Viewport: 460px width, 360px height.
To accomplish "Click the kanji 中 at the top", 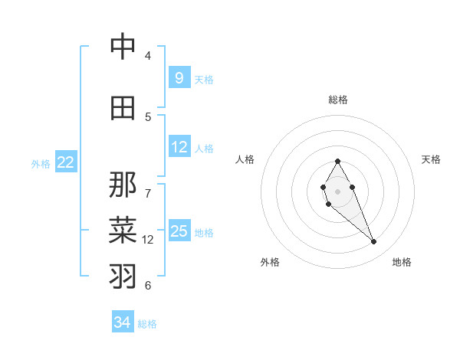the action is [x=123, y=47].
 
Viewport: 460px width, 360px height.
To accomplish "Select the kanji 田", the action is [x=123, y=108].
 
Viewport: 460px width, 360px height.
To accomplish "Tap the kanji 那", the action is [x=123, y=185].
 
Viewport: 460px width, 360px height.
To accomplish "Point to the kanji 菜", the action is [x=123, y=230].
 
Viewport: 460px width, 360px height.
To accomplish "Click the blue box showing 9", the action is [x=179, y=78].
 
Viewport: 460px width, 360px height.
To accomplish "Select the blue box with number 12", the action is [x=179, y=147].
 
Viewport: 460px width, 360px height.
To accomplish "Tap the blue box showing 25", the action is [x=179, y=231].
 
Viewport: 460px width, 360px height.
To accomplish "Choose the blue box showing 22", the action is [x=66, y=162].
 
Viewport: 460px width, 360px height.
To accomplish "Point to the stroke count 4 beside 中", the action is [x=148, y=56].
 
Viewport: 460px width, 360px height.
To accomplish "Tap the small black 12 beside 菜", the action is [x=148, y=239].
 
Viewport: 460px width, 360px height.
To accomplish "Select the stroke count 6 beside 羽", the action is [x=148, y=285].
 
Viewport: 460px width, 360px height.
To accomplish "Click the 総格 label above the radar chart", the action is [x=337, y=100].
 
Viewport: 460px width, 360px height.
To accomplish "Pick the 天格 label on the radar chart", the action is [x=431, y=159].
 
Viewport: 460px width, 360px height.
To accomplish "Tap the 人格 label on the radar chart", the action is [x=245, y=159].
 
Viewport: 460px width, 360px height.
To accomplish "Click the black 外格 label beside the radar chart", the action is [x=270, y=262].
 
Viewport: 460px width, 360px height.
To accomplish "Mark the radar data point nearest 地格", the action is [x=374, y=242].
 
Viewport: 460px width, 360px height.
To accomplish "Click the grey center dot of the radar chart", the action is [x=337, y=190].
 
